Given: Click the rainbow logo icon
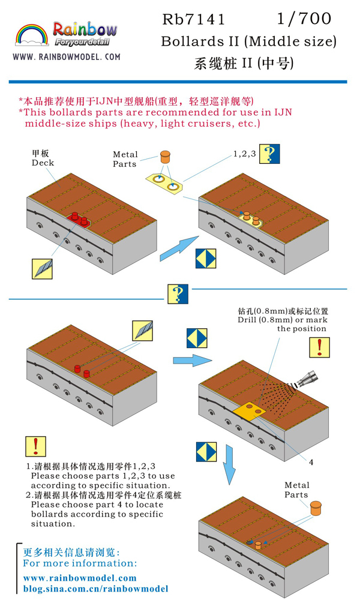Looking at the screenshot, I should tap(29, 36).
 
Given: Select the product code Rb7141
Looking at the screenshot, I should tap(194, 20).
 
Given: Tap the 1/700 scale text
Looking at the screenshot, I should tap(304, 19).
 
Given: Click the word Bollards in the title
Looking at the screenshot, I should tap(191, 42).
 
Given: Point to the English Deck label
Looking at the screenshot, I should tap(43, 163).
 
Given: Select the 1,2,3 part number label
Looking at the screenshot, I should tap(244, 154).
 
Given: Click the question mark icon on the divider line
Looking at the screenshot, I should tap(177, 294).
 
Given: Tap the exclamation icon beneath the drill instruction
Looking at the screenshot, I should tap(319, 347).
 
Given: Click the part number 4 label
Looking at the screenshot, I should tap(311, 462).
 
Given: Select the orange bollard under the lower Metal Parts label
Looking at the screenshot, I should tap(314, 508).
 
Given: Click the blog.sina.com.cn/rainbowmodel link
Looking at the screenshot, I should tap(95, 589).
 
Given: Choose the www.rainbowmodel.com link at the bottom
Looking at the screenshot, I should tap(80, 578).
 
